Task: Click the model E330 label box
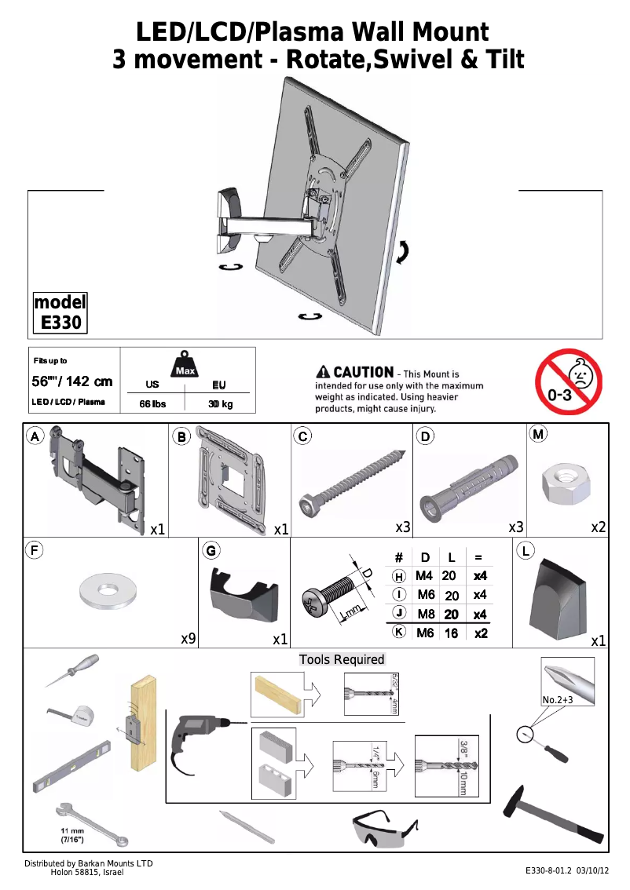[60, 313]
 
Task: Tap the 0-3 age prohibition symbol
[568, 382]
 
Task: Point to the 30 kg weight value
[220, 404]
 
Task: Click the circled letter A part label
[35, 436]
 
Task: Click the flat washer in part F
[109, 590]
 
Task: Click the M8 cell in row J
[426, 614]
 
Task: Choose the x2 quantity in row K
[480, 633]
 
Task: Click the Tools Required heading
[342, 659]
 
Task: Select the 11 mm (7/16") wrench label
[72, 834]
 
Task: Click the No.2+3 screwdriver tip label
[559, 699]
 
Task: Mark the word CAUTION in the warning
[363, 372]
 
